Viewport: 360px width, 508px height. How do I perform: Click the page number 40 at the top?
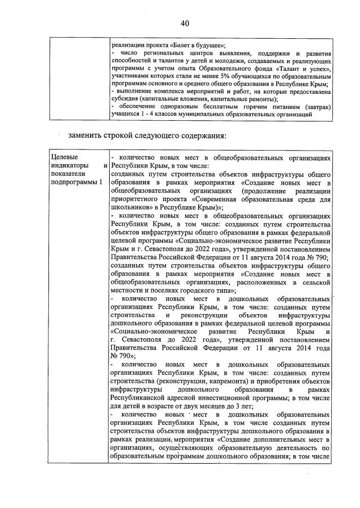point(184,22)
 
